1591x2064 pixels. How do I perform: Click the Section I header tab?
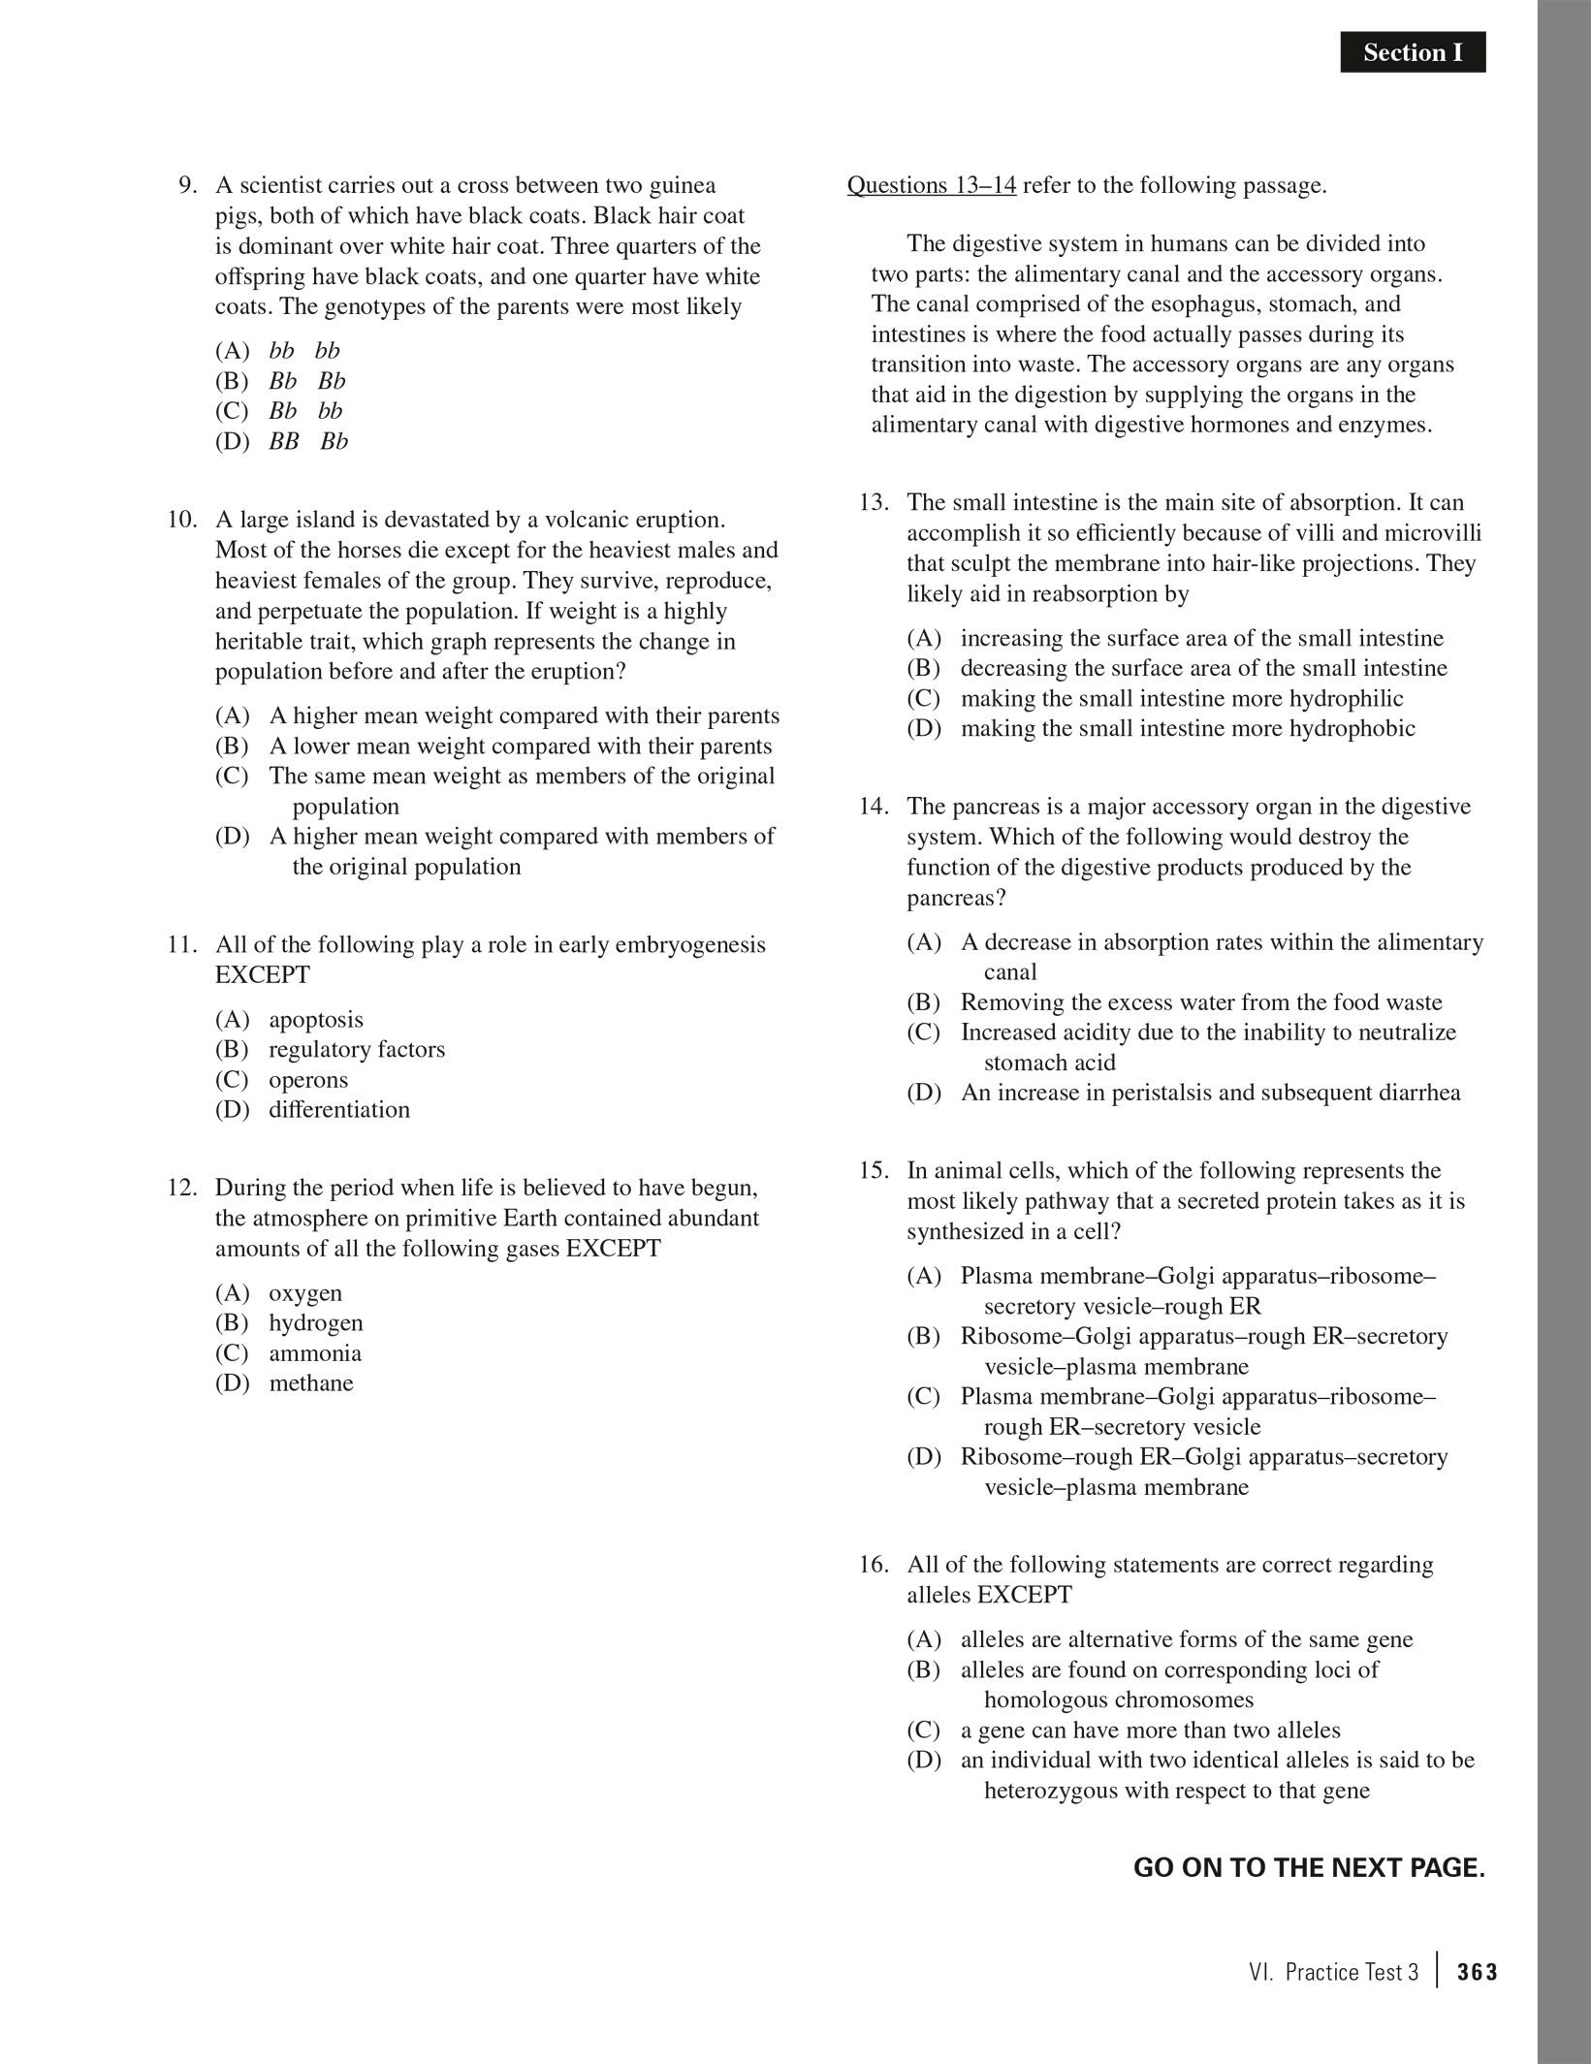pos(1412,52)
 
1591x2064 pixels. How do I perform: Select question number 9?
pos(188,185)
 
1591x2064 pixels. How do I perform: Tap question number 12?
pos(182,1188)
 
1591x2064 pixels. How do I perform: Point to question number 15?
pos(874,1170)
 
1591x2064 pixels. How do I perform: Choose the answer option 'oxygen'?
pos(304,1292)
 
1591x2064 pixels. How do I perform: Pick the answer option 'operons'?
pos(307,1079)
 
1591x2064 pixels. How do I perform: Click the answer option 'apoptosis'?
pos(316,1019)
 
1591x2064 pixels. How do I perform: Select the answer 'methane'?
pos(310,1382)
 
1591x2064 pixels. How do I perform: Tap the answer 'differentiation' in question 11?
pos(338,1109)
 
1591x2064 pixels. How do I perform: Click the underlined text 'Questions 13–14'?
pos(932,185)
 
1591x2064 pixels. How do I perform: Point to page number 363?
pos(1477,1972)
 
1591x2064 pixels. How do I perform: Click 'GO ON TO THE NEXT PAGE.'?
pos(1309,1867)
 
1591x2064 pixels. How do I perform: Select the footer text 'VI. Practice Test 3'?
pos(1333,1972)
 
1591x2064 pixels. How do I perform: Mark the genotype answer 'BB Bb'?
pos(307,441)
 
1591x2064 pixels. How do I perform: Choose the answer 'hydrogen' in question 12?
pos(315,1322)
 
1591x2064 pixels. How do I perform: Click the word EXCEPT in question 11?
pos(263,974)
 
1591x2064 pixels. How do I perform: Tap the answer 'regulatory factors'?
pos(356,1049)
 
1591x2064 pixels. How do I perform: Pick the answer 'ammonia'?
pos(314,1352)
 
